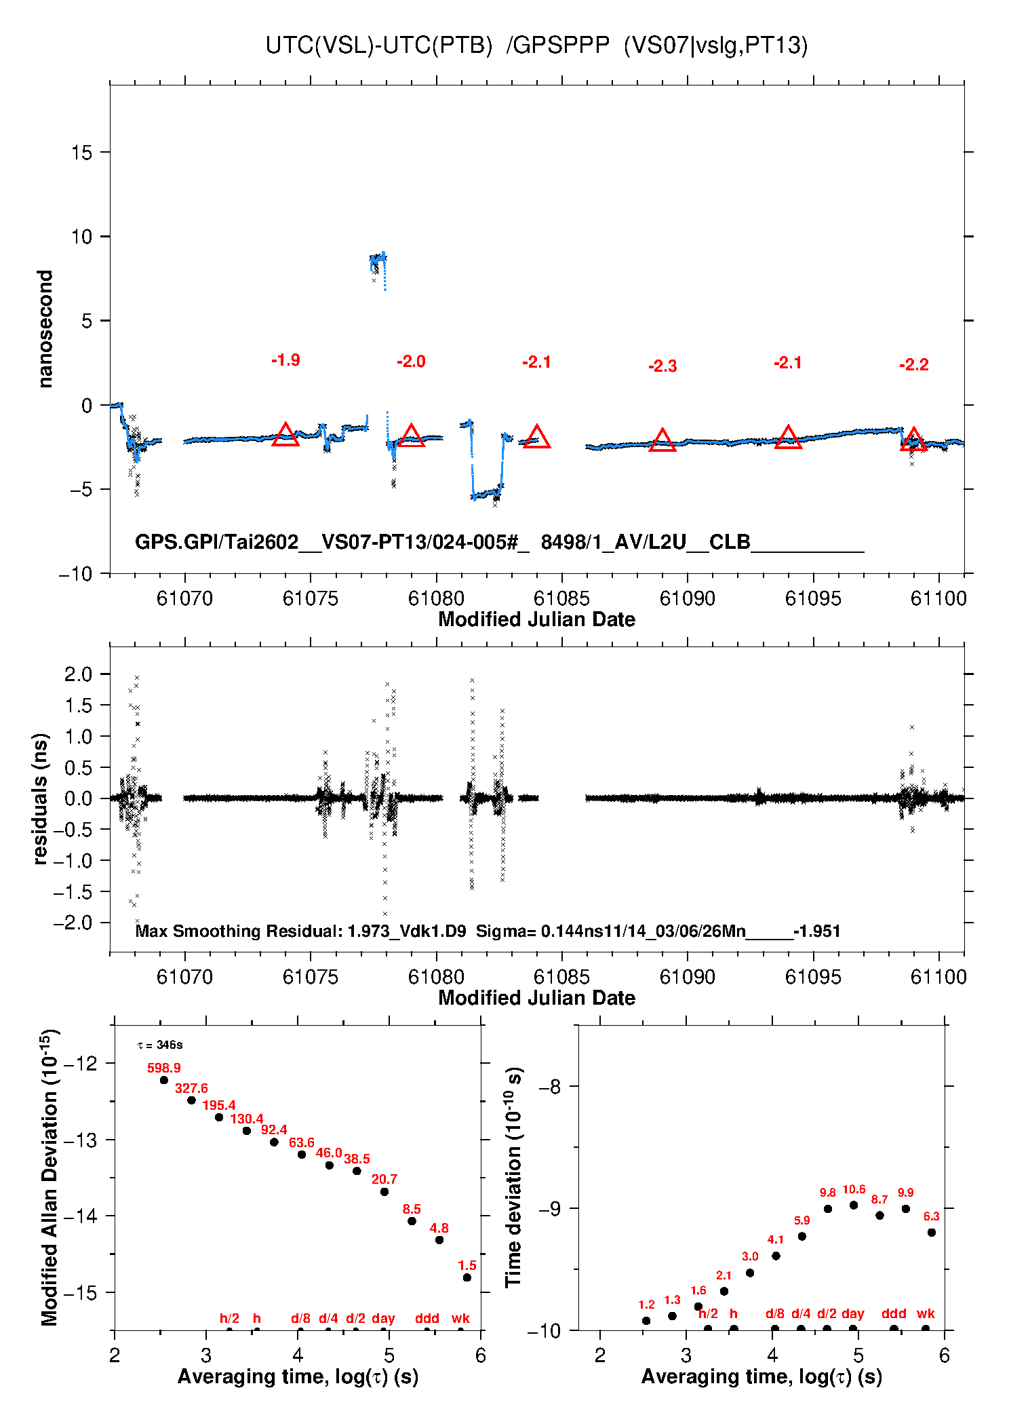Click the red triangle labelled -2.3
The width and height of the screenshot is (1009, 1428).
(x=662, y=440)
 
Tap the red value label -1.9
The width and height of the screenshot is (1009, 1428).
(x=285, y=360)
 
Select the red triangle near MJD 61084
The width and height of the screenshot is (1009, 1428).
(x=537, y=437)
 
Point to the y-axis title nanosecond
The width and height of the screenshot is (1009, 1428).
(x=45, y=329)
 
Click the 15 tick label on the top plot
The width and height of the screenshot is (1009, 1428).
(x=81, y=153)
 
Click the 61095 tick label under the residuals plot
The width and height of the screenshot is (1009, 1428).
(x=812, y=977)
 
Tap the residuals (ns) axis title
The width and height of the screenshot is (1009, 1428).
(x=41, y=798)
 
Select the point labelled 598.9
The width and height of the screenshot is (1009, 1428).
(x=164, y=1080)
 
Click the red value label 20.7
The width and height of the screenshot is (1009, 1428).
(x=384, y=1179)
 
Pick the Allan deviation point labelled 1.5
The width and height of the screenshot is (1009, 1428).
(x=467, y=1277)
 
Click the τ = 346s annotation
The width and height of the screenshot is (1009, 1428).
(x=160, y=1045)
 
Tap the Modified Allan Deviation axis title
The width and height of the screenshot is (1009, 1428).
(x=49, y=1177)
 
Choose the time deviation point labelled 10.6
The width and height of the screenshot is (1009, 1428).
(x=854, y=1205)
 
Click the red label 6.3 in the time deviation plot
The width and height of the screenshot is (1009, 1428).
(x=932, y=1216)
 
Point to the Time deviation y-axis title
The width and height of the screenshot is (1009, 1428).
(x=513, y=1177)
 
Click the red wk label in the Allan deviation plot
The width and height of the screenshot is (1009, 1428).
(x=460, y=1318)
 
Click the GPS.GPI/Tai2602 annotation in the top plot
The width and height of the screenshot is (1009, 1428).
(x=217, y=542)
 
